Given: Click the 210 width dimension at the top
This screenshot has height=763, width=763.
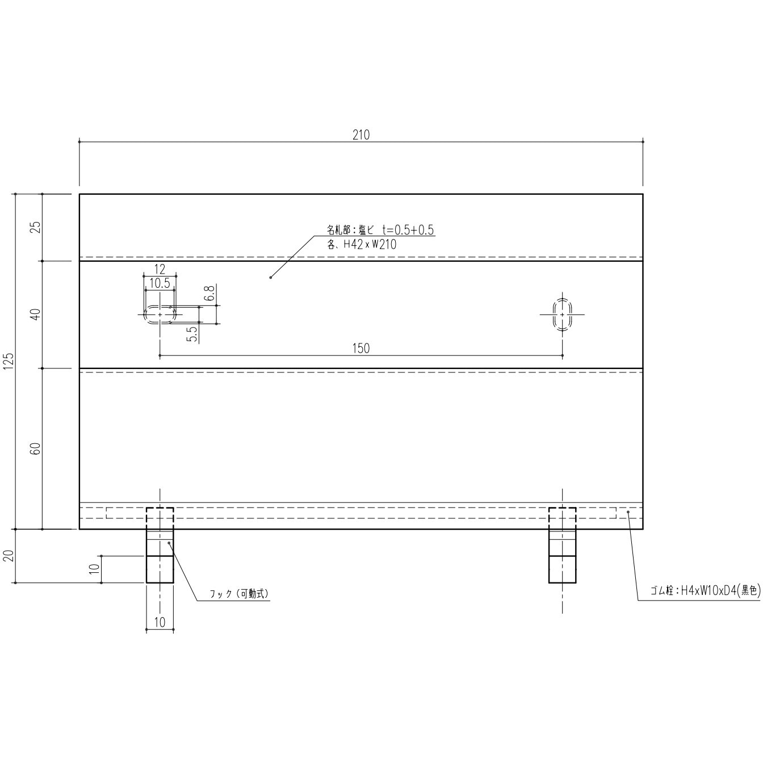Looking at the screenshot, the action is pyautogui.click(x=360, y=136).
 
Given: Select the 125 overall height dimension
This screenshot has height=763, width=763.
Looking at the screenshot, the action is pyautogui.click(x=9, y=360).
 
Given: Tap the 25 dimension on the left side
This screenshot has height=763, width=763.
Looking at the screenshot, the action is pyautogui.click(x=36, y=227).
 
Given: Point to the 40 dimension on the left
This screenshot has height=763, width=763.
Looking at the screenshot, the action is pyautogui.click(x=36, y=315).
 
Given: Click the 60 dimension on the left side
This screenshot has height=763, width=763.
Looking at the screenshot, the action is pyautogui.click(x=36, y=448).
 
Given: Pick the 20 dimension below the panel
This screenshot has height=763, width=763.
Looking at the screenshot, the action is pyautogui.click(x=9, y=556).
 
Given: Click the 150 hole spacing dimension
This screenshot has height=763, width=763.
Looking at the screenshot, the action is pyautogui.click(x=360, y=349).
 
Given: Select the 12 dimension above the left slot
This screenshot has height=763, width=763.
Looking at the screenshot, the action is pyautogui.click(x=160, y=269).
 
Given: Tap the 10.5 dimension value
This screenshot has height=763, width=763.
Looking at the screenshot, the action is pyautogui.click(x=160, y=283).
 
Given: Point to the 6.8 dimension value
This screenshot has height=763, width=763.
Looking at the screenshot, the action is pyautogui.click(x=210, y=294).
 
